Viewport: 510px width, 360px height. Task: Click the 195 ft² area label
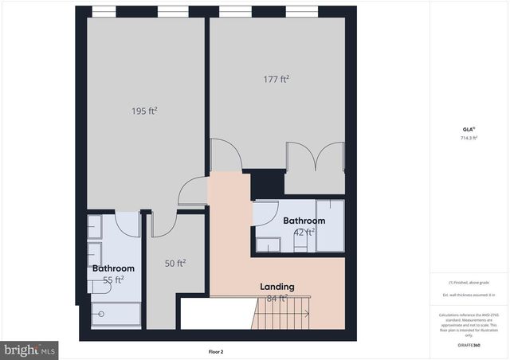[x=144, y=112]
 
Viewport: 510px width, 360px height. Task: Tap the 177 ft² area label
[x=276, y=79]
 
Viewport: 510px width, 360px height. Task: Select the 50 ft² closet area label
[x=175, y=263]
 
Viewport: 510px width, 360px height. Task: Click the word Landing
[x=277, y=287]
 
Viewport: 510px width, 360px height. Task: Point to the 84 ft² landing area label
[x=276, y=299]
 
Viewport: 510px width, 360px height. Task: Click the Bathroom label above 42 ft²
[x=304, y=221]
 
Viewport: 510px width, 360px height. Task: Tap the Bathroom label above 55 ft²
[x=112, y=268]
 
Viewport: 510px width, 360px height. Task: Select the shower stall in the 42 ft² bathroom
[x=329, y=225]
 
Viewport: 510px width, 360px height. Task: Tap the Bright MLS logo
[x=30, y=349]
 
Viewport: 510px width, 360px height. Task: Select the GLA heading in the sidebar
[x=468, y=129]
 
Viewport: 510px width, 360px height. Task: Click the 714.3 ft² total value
[x=468, y=138]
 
